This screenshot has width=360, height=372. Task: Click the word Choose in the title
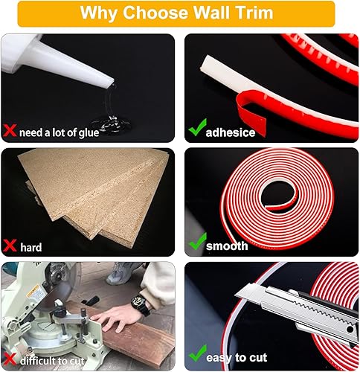(156, 13)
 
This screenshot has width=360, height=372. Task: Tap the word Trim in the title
(254, 13)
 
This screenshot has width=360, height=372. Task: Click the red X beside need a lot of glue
(10, 130)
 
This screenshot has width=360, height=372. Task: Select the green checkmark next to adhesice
(197, 127)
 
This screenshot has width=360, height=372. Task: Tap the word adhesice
(231, 132)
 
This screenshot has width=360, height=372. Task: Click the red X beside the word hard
(10, 246)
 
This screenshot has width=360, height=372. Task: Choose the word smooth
(227, 246)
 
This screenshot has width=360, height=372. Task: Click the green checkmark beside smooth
(198, 241)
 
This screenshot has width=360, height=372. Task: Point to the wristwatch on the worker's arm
(140, 302)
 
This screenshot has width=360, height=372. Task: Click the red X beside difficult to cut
(10, 359)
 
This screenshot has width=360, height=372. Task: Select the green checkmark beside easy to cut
(198, 353)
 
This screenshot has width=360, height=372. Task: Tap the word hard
(31, 247)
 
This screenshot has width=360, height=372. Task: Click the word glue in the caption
(89, 133)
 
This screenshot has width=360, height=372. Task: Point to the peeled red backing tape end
(251, 113)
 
